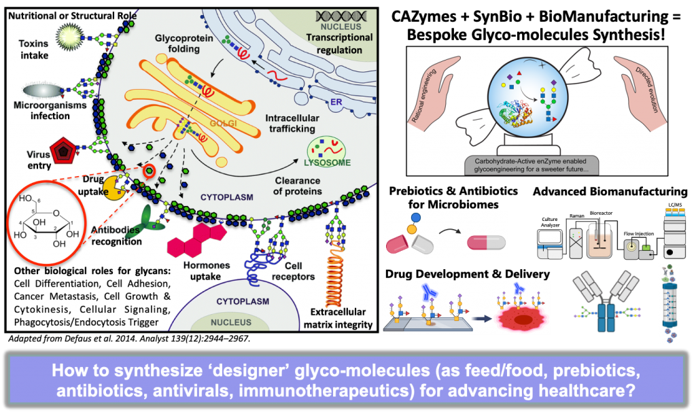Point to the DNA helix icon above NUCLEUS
pyautogui.click(x=341, y=15)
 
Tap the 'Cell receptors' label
pyautogui.click(x=299, y=271)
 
